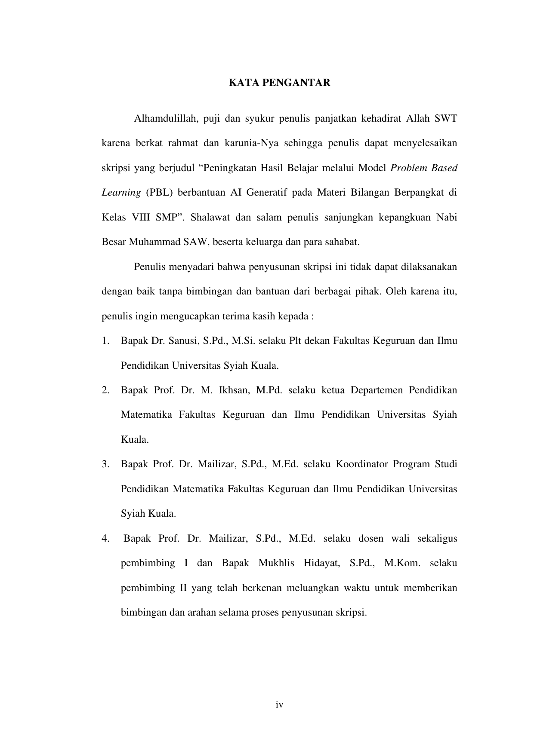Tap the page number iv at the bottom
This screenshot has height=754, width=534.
(x=279, y=705)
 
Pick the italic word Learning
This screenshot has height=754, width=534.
(x=121, y=193)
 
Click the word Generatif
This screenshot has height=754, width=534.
(x=267, y=193)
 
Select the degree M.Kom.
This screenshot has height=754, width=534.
(x=402, y=563)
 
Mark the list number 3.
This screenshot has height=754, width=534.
(x=105, y=465)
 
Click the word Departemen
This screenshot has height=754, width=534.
(x=376, y=391)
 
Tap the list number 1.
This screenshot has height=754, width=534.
(x=105, y=341)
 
